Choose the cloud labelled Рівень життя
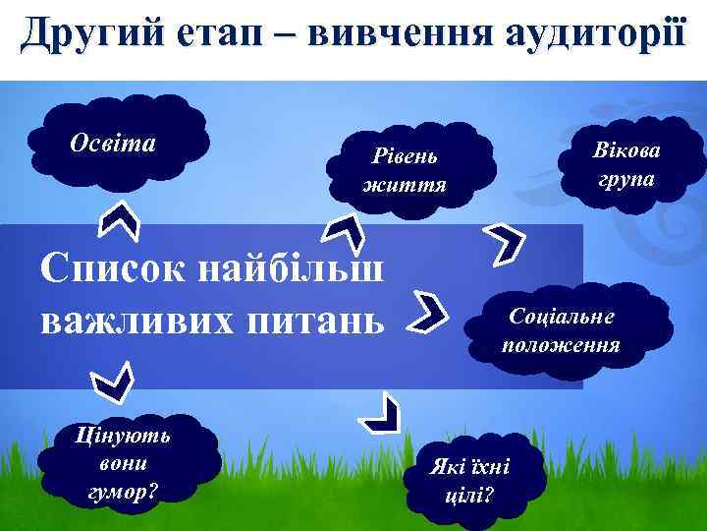[x=404, y=169]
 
